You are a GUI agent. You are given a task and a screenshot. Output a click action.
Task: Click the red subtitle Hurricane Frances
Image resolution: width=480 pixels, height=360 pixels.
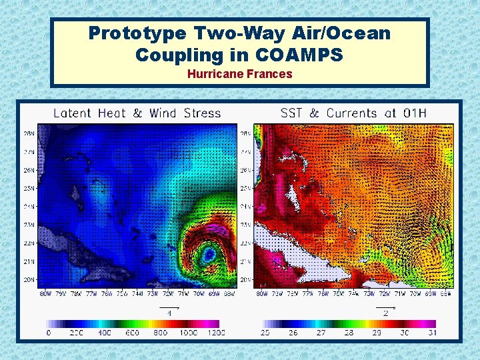coord(239,74)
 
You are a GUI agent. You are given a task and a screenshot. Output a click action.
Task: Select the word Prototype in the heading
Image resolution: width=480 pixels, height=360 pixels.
coord(137,33)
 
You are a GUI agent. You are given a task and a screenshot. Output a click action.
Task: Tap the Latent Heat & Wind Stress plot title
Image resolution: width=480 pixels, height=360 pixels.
coord(137,113)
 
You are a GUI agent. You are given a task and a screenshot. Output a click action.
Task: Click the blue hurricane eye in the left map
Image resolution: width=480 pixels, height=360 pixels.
coord(210,253)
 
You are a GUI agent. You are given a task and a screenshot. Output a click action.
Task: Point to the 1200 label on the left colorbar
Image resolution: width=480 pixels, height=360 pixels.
coord(215,332)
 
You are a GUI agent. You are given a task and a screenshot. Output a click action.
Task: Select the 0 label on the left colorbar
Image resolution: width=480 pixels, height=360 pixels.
coord(49,332)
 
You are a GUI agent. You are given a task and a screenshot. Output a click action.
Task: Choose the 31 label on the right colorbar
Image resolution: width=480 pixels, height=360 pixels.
coord(432,332)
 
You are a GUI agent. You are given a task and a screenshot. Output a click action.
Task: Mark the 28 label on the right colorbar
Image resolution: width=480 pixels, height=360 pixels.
coord(348,332)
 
